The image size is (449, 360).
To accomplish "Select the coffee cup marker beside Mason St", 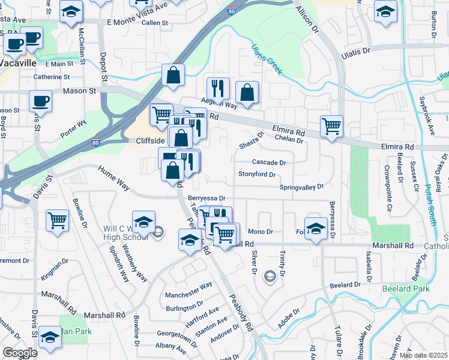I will tap(40, 100).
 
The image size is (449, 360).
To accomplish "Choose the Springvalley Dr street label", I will tap(301, 187).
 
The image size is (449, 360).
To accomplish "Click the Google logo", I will tap(20, 352).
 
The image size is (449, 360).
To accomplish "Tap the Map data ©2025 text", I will tap(423, 355).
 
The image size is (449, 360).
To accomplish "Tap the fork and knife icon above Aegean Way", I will tap(218, 88).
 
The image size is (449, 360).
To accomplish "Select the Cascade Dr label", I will tap(268, 162).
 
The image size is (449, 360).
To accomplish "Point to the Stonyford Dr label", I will tap(257, 175).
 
